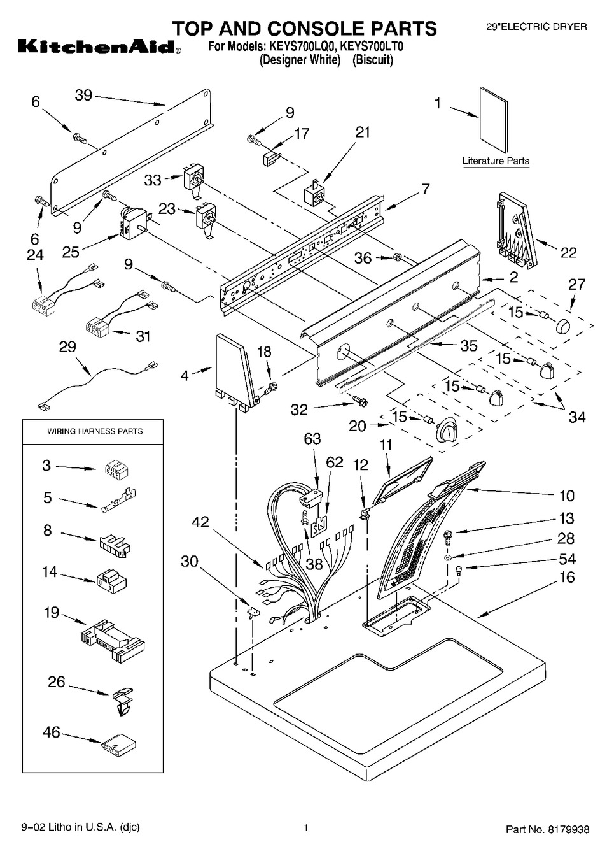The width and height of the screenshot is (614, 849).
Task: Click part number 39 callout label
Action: [83, 96]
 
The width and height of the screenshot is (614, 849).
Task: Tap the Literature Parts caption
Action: [496, 161]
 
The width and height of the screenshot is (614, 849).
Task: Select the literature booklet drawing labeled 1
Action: [494, 122]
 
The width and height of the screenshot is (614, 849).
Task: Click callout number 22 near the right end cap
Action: [568, 253]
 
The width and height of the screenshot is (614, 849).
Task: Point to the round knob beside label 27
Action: [563, 327]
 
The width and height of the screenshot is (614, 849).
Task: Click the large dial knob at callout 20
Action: [448, 431]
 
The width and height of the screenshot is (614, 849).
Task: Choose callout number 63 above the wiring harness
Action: [312, 439]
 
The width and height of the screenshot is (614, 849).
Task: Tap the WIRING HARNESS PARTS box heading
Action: [95, 431]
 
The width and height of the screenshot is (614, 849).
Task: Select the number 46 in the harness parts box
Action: [52, 732]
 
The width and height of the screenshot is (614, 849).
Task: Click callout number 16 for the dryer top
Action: [566, 577]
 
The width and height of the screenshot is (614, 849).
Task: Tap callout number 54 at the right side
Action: [566, 559]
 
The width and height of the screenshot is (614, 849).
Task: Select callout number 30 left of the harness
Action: [190, 561]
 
